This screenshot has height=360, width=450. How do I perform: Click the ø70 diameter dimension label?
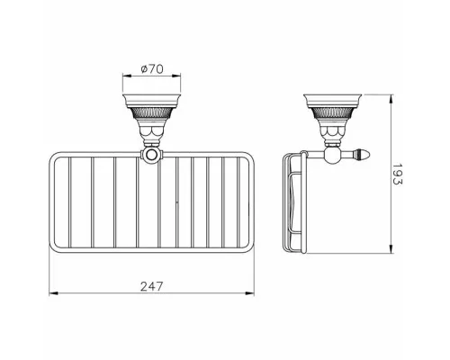click(x=152, y=69)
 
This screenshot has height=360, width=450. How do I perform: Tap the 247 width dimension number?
click(x=152, y=286)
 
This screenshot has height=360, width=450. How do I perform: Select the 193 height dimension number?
click(x=397, y=175)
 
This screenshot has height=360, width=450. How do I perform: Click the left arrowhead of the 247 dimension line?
click(x=53, y=293)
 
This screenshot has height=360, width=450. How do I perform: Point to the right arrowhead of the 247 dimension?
click(x=250, y=293)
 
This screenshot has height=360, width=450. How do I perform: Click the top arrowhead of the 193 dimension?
click(x=391, y=99)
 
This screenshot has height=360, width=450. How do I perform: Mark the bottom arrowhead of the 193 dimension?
click(x=391, y=249)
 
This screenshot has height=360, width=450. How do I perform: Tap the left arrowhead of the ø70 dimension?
click(x=127, y=76)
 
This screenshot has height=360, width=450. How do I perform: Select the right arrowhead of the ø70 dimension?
click(x=176, y=76)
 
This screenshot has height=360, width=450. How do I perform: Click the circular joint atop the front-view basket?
click(x=152, y=155)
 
